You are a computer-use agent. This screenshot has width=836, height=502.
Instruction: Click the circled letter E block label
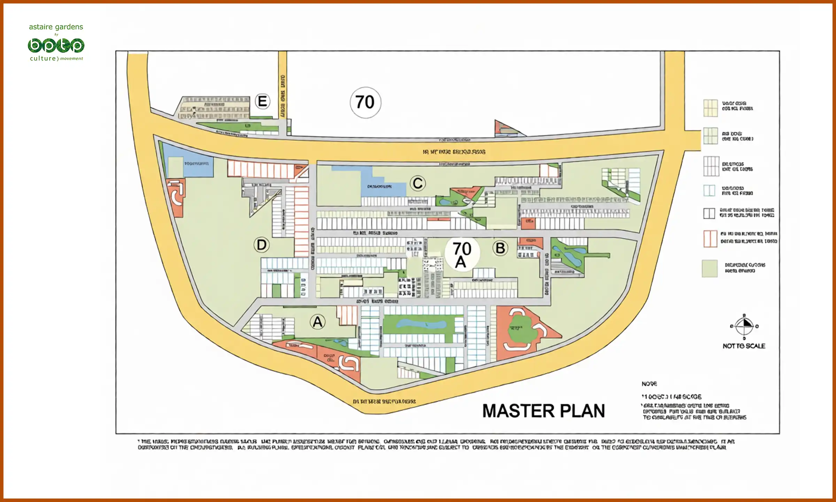pyautogui.click(x=262, y=101)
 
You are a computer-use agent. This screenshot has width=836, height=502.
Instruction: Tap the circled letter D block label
pyautogui.click(x=262, y=245)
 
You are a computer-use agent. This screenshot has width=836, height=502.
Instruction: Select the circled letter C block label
pyautogui.click(x=418, y=183)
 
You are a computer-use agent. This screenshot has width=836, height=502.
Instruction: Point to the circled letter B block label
pyautogui.click(x=500, y=248)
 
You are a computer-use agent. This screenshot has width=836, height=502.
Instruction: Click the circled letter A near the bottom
pyautogui.click(x=318, y=322)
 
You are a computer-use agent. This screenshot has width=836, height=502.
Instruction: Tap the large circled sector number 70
pyautogui.click(x=365, y=102)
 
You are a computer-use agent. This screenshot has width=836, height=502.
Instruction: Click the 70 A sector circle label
pyautogui.click(x=462, y=254)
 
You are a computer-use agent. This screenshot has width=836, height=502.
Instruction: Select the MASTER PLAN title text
pyautogui.click(x=543, y=411)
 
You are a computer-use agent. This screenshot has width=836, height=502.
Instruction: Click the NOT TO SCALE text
pyautogui.click(x=744, y=346)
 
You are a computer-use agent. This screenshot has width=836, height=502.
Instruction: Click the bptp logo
pyautogui.click(x=56, y=46)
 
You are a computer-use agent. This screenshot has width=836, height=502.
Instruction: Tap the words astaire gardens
pyautogui.click(x=56, y=27)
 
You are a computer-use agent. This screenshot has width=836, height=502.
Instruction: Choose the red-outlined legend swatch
pyautogui.click(x=710, y=239)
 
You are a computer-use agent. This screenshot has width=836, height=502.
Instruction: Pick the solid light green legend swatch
pyautogui.click(x=710, y=268)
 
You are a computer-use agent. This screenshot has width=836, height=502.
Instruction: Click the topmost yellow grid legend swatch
pyautogui.click(x=710, y=108)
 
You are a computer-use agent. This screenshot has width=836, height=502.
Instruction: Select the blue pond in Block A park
pyautogui.click(x=421, y=324)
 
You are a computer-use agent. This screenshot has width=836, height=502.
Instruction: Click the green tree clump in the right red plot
pyautogui.click(x=522, y=329)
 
